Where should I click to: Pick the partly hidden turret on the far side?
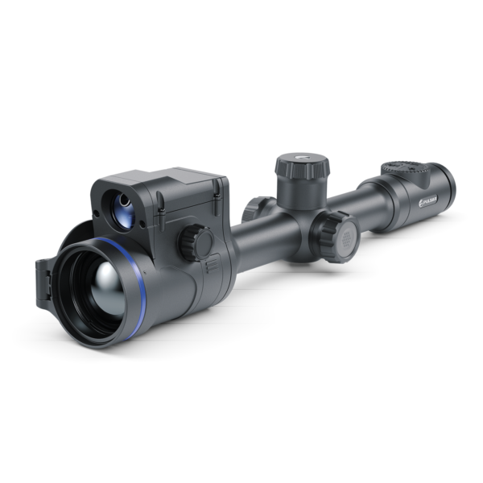(x=256, y=206)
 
